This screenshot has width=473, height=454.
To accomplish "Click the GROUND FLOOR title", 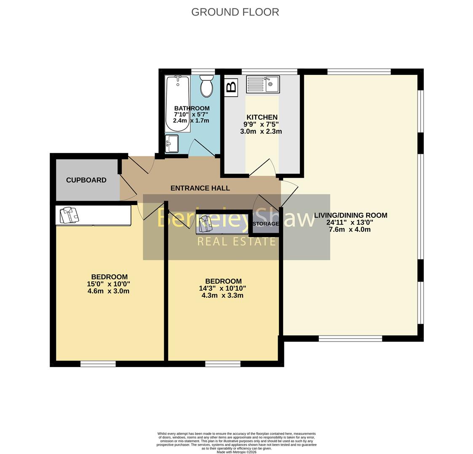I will (x=235, y=12).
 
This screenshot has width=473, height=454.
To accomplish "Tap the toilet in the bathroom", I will (x=206, y=86).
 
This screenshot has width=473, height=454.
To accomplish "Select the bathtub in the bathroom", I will (x=177, y=103).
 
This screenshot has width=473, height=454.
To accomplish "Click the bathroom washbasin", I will (x=172, y=144).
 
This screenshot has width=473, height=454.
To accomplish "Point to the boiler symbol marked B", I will (x=231, y=87).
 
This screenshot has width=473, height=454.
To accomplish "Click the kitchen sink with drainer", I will (x=263, y=84).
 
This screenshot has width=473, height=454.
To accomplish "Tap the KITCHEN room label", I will (x=262, y=117).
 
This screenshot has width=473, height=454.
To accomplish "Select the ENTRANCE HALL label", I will (x=200, y=188).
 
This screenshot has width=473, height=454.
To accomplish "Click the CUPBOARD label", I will (x=86, y=180).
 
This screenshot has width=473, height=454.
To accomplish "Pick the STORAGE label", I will (x=266, y=224).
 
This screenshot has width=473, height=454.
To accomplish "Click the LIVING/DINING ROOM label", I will (x=350, y=215).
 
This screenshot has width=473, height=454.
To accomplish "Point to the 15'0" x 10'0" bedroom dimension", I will (x=108, y=284).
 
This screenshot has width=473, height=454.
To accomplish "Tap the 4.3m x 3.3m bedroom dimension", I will (x=222, y=296).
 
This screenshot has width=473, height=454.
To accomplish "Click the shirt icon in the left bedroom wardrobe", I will (x=69, y=215).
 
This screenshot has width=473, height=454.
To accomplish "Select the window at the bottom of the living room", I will (x=350, y=338).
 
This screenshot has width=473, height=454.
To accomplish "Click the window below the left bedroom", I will (x=98, y=364).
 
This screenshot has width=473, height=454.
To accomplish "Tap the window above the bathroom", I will (x=203, y=71).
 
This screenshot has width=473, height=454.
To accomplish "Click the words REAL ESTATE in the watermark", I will (x=237, y=242).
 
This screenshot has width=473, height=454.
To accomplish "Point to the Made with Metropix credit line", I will (x=236, y=452).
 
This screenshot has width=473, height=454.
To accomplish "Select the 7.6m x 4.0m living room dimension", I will (x=350, y=230).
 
